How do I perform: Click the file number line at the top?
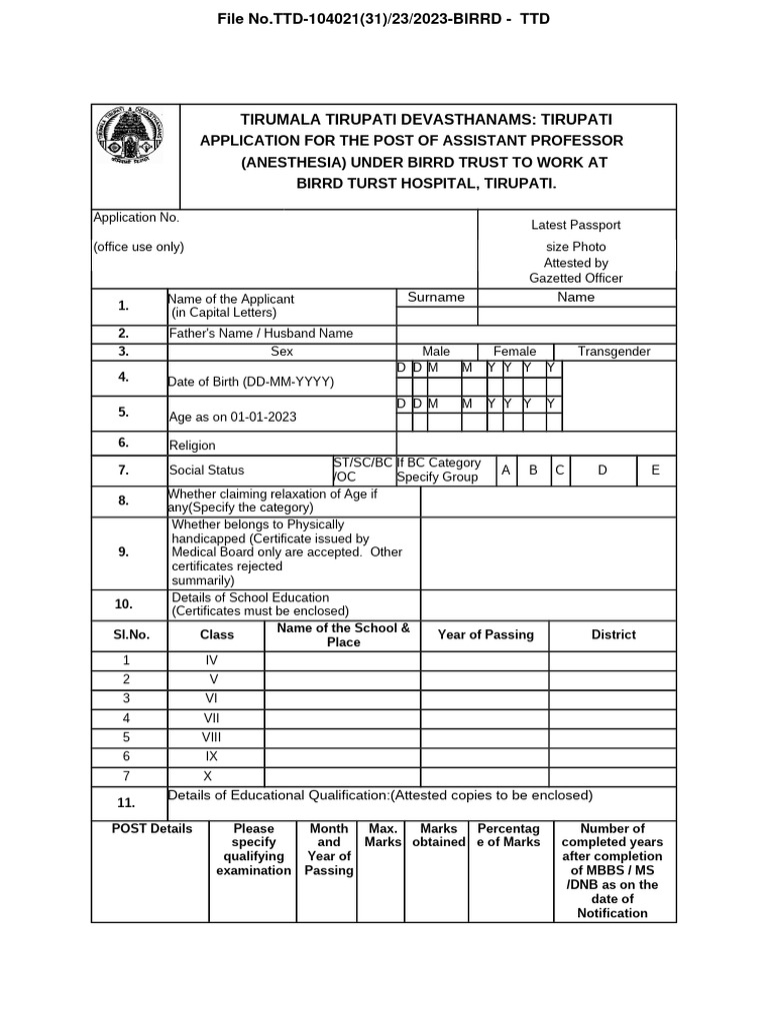click(384, 19)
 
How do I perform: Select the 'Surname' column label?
click(436, 297)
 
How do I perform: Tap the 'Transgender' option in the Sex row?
click(614, 352)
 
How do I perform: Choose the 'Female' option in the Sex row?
click(515, 352)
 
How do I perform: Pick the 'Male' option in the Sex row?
click(436, 352)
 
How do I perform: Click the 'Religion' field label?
click(192, 446)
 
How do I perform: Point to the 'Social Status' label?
click(206, 470)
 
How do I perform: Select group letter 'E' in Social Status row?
click(655, 470)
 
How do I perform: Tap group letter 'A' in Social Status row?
click(506, 470)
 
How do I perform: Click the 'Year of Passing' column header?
click(485, 634)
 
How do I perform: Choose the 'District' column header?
click(613, 634)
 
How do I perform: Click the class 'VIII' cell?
click(211, 737)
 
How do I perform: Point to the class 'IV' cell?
click(211, 660)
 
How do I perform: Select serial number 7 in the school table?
click(126, 776)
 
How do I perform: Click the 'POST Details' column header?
click(152, 829)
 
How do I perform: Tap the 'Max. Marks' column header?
click(383, 835)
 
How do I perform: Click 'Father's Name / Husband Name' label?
click(260, 334)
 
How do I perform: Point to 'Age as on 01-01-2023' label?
click(232, 417)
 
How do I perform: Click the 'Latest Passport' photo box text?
click(575, 226)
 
